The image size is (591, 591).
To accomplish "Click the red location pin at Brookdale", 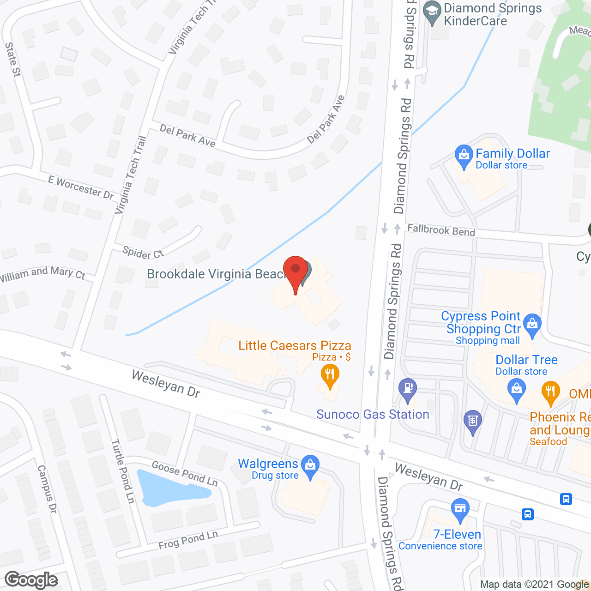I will (x=295, y=271).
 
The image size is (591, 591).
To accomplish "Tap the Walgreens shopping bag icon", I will (x=310, y=465).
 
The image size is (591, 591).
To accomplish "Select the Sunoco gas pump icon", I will (x=407, y=389).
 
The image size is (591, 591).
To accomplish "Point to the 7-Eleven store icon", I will (x=460, y=509).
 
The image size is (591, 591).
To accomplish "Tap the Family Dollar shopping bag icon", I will (x=463, y=156).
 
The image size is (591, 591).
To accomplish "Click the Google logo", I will (x=31, y=580).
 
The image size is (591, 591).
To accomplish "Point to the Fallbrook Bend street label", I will (x=441, y=229).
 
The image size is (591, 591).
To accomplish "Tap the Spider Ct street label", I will (x=143, y=253).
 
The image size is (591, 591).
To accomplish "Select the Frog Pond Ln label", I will (x=188, y=540).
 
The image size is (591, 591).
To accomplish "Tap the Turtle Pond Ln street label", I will (x=122, y=471).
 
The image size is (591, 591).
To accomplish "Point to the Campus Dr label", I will (x=47, y=489).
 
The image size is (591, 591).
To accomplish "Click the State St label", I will (x=13, y=59).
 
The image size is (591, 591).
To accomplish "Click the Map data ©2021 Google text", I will (x=534, y=585).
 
